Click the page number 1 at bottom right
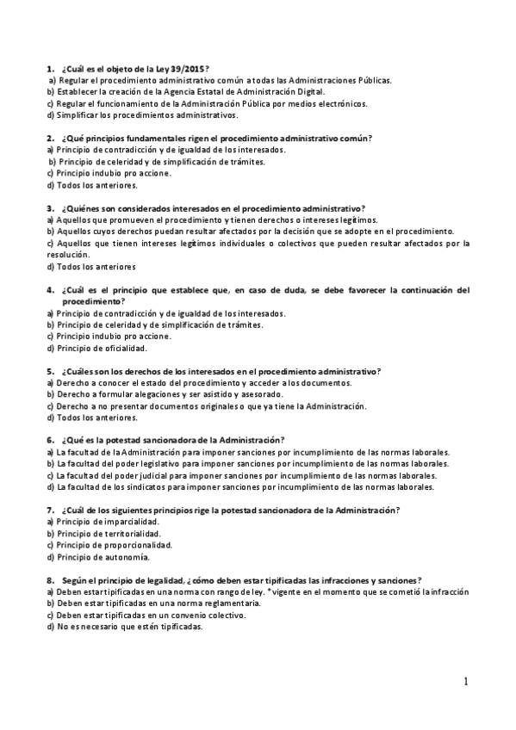(466, 682)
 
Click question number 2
(50, 138)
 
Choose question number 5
(50, 372)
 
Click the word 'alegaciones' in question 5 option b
(142, 394)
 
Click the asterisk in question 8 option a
(269, 591)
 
